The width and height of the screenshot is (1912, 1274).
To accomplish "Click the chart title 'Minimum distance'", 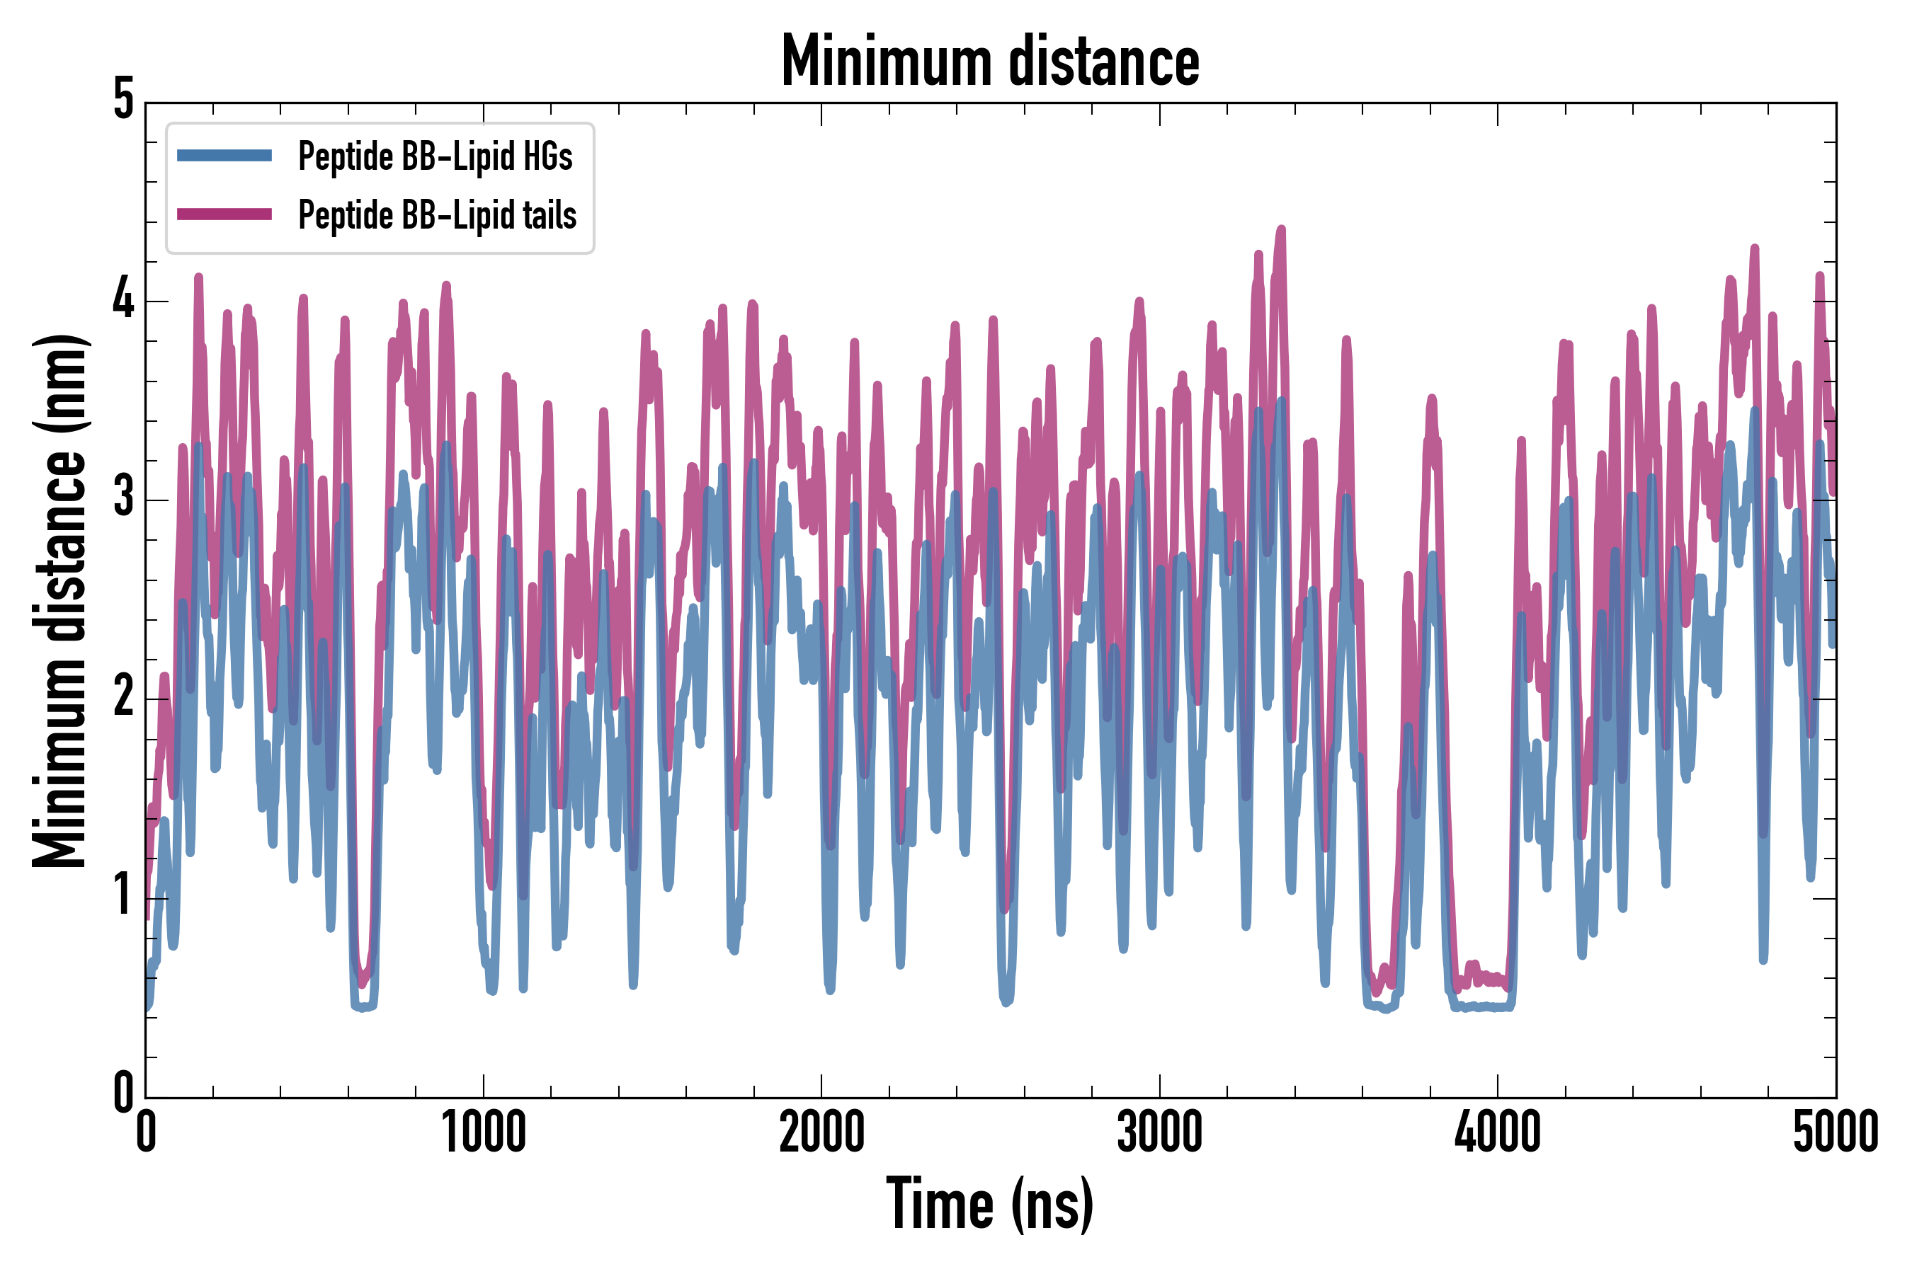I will [x=989, y=62].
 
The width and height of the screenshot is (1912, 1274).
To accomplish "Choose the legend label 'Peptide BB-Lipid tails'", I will [x=438, y=214].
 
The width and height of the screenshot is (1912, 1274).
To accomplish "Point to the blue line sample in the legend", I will [x=224, y=155].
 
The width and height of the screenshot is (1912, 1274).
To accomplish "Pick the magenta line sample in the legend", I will [x=224, y=214].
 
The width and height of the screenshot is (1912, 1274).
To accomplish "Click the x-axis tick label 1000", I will [x=484, y=1132].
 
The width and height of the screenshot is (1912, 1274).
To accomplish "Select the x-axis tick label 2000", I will [x=821, y=1132].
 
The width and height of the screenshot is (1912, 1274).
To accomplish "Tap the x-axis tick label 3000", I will [x=1159, y=1132].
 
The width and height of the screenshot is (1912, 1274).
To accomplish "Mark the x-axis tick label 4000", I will [x=1498, y=1132].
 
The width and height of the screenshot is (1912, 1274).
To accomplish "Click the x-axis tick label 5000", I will [x=1836, y=1132].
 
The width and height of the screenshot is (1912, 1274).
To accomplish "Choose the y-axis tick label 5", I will [x=123, y=101].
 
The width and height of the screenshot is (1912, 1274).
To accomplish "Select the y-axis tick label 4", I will [x=123, y=300].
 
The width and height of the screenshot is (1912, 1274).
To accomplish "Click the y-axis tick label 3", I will [x=123, y=498].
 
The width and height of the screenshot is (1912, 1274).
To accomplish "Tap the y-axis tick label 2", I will [x=123, y=697].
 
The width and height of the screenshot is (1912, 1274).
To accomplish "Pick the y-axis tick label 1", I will [x=123, y=895].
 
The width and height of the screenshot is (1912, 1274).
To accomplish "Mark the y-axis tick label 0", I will [x=123, y=1094].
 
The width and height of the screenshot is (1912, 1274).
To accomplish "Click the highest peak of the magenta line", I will [x=1282, y=229].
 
